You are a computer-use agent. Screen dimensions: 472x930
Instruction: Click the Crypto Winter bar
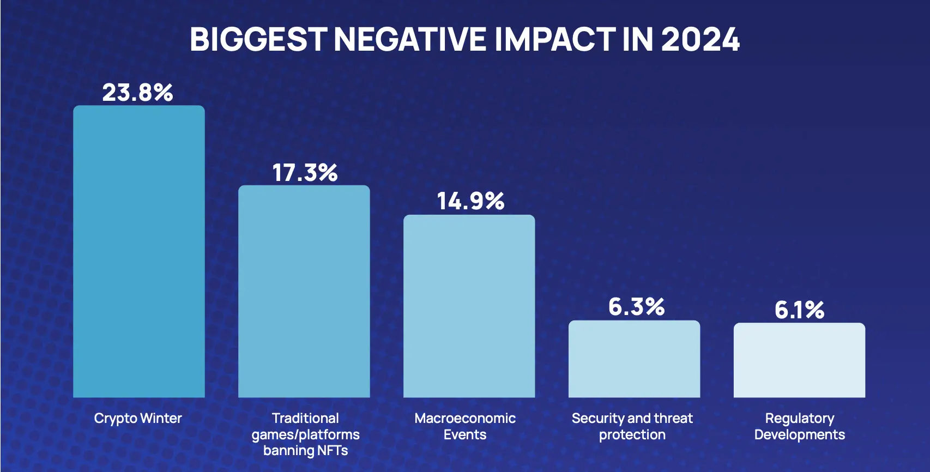pos(139,251)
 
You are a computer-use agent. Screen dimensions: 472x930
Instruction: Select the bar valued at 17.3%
pos(304,292)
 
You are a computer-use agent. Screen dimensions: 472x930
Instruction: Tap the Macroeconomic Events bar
pos(469,306)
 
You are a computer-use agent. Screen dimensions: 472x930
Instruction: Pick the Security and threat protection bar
pos(634,359)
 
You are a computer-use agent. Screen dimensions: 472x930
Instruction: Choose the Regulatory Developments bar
pos(799,360)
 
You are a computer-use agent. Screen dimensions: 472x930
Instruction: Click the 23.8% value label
pos(137,93)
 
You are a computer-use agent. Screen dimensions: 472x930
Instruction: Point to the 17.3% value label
pos(305,173)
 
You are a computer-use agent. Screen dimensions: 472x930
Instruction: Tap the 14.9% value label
pos(470,201)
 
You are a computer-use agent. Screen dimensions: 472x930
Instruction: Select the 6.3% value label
pos(636,307)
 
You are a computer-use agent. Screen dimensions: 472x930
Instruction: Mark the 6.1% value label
pos(799,310)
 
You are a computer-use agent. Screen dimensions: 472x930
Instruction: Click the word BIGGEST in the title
pos(258,39)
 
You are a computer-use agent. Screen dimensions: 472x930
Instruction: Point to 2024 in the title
pos(700,39)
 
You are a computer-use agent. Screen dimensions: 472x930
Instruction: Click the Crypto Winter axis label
pos(138,419)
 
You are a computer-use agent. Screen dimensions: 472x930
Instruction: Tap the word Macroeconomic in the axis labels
pos(465,419)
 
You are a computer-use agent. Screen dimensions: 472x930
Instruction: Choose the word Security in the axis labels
pos(597,419)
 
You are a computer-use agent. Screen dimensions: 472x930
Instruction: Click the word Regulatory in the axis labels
pos(799,419)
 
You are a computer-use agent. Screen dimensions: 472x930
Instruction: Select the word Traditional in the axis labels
pos(305,419)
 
